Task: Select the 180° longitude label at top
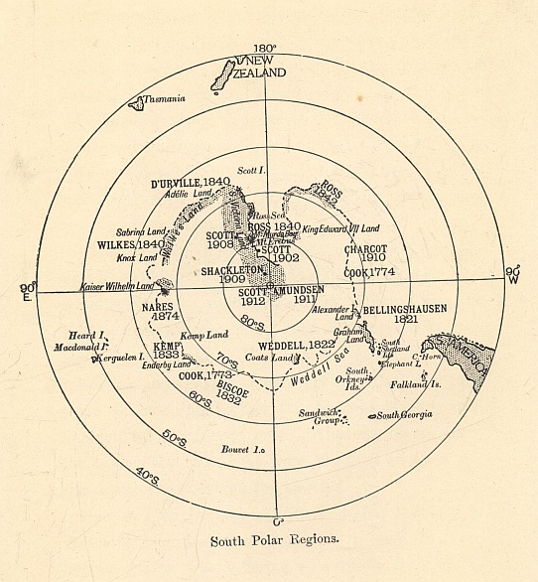265,48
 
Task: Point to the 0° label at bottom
278,520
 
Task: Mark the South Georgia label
403,414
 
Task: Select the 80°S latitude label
254,323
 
